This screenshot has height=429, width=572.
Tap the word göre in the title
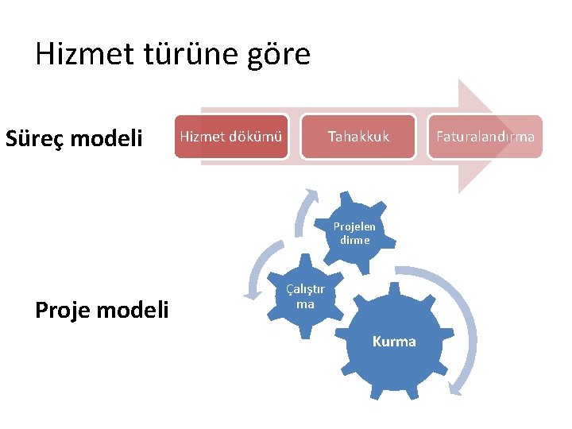pyautogui.click(x=280, y=54)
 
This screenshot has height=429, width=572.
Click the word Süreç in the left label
pyautogui.click(x=35, y=139)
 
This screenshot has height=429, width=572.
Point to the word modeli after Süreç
pyautogui.click(x=107, y=139)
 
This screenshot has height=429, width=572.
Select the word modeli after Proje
pyautogui.click(x=135, y=310)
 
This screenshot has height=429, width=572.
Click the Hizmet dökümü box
pyautogui.click(x=231, y=137)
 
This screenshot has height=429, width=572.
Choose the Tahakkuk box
pyautogui.click(x=359, y=137)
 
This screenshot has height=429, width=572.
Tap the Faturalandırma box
pyautogui.click(x=485, y=137)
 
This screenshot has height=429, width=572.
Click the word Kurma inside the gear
pyautogui.click(x=394, y=342)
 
